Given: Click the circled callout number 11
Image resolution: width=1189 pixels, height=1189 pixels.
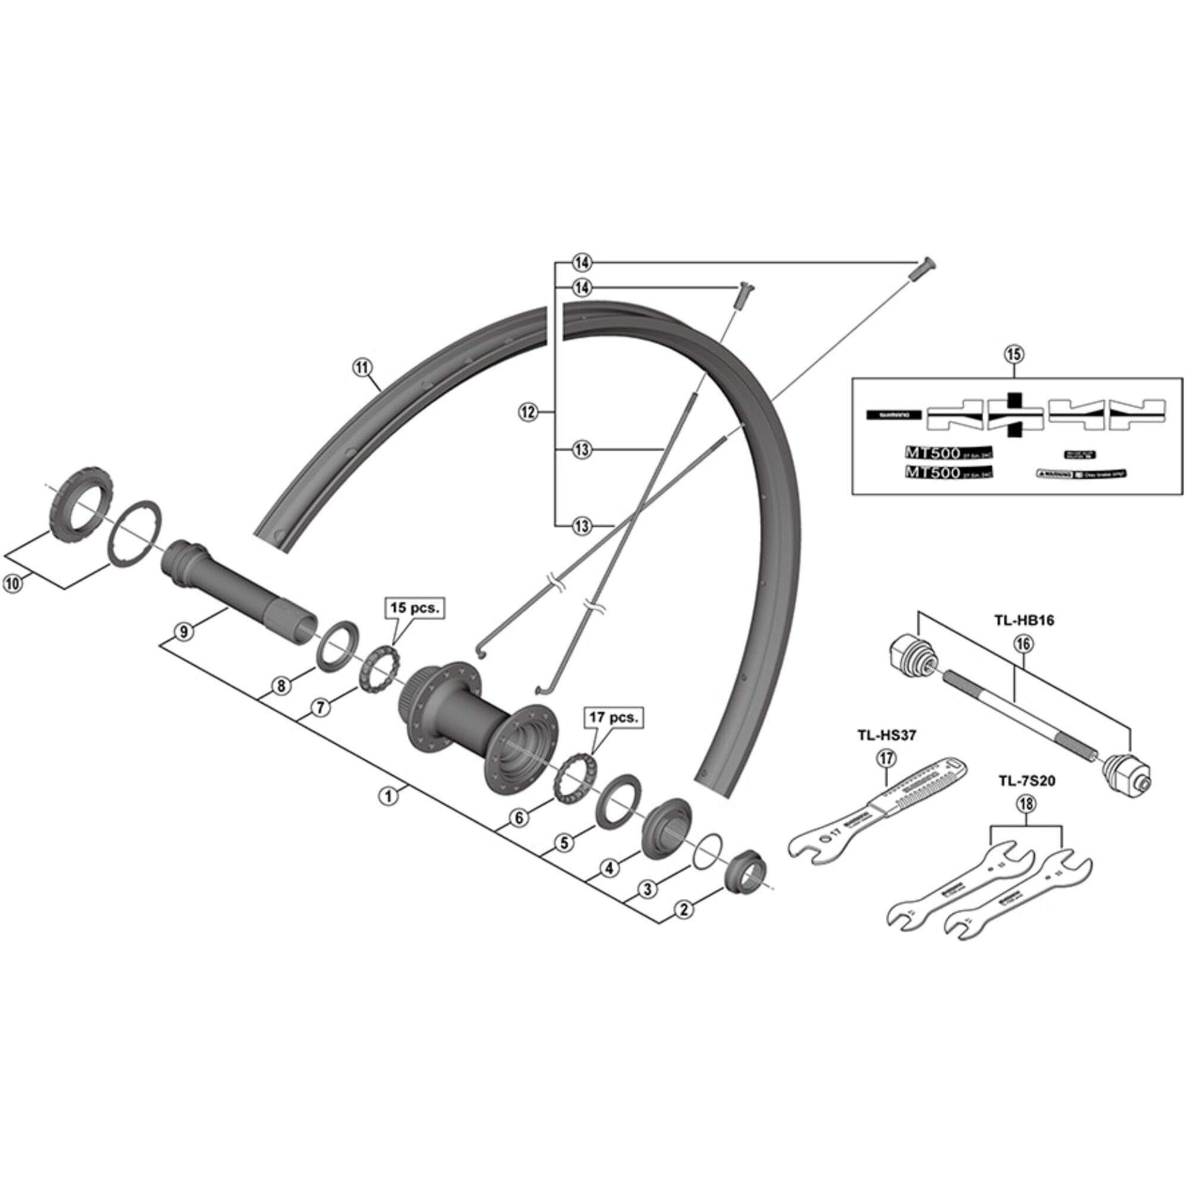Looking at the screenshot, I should (362, 367).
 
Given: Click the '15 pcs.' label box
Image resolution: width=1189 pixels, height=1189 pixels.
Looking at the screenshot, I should (414, 608).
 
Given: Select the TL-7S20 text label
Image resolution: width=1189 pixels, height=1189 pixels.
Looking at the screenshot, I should (1027, 782).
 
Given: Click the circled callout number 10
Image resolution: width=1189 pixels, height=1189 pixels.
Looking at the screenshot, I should (12, 583).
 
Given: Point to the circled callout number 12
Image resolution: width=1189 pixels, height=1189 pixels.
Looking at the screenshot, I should (528, 412).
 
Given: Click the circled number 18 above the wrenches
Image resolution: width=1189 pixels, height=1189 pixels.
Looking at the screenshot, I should (1027, 804).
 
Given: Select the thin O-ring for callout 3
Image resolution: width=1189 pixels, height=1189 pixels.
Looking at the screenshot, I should (706, 852).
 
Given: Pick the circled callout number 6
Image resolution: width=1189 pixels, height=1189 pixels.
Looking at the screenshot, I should (518, 817).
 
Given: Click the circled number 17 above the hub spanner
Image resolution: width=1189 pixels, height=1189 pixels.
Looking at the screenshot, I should (886, 759).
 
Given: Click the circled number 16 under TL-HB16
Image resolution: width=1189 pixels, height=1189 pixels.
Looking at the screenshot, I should (1024, 644).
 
